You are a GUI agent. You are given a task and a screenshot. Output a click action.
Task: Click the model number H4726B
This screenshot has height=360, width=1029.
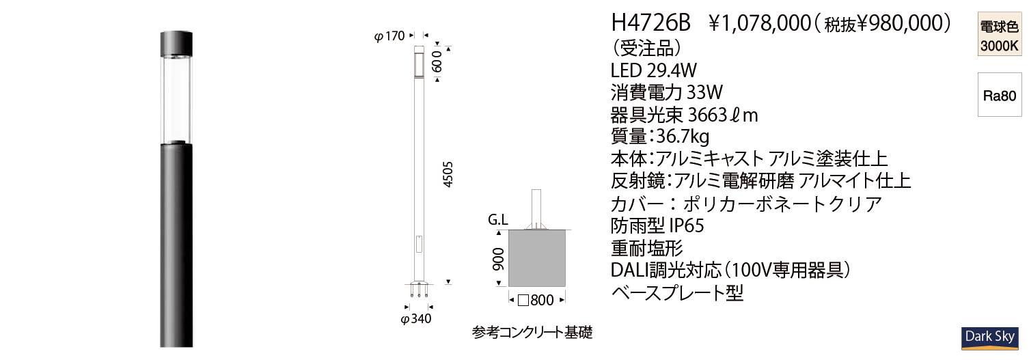tap(650, 23)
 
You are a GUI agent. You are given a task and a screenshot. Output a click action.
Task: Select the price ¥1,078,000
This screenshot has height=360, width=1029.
tap(760, 23)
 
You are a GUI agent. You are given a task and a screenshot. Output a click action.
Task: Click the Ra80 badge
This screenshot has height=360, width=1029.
tap(999, 96)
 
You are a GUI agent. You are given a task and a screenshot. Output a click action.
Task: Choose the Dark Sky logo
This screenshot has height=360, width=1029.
tap(989, 338)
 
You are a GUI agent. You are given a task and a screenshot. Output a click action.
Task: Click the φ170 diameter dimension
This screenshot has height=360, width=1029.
tap(389, 36)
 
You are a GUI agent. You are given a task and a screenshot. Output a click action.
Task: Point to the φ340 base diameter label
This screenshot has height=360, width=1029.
tap(415, 319)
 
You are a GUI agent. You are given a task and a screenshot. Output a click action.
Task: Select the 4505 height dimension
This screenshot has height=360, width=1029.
tap(448, 174)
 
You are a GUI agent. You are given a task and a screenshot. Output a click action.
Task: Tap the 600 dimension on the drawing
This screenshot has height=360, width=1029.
tap(437, 61)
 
